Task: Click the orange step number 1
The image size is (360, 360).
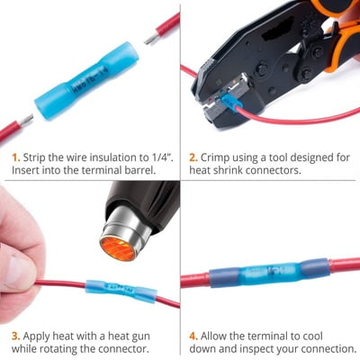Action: (16, 157)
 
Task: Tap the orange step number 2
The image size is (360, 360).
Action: (193, 157)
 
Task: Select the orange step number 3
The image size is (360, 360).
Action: (16, 336)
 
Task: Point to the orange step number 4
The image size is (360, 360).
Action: (193, 336)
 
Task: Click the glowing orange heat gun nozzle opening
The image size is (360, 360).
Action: (117, 248)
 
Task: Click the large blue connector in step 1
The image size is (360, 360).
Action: (87, 80)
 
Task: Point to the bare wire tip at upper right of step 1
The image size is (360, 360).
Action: (151, 39)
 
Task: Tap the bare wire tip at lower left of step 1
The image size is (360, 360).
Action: (26, 121)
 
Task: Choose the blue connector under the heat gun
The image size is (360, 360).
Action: (121, 291)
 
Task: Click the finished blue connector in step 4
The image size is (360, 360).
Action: (269, 272)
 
